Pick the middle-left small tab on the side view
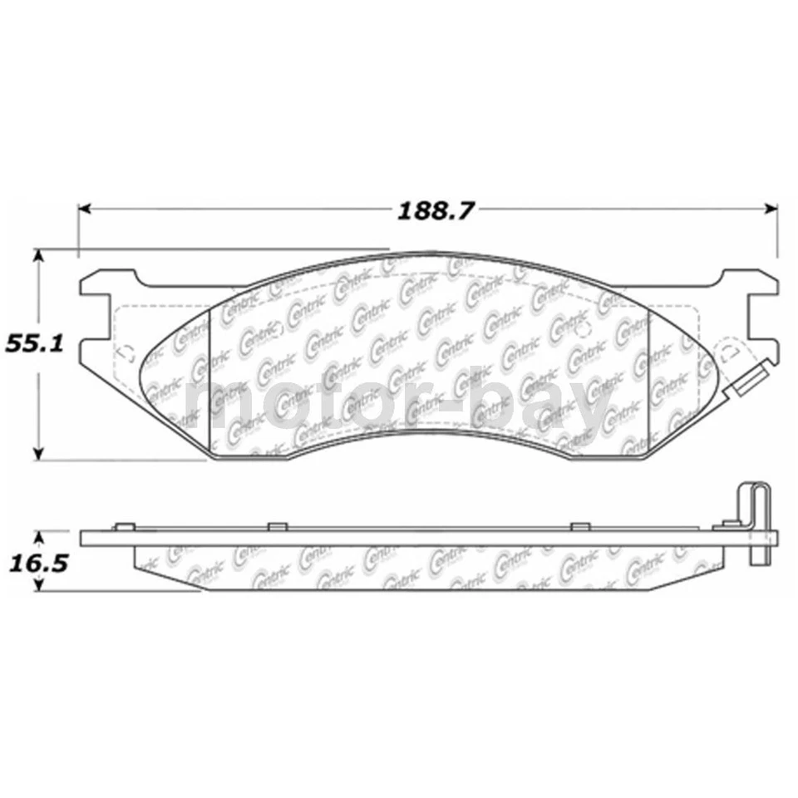[x=277, y=525]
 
